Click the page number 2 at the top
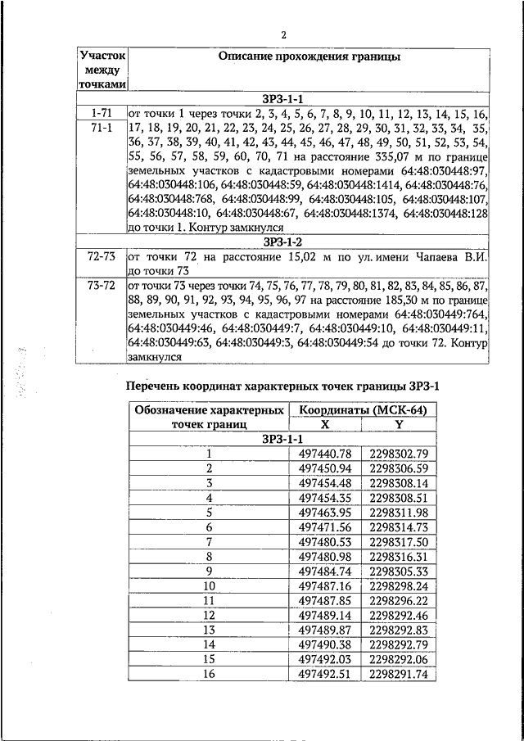pos(283,35)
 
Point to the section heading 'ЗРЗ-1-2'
pos(283,242)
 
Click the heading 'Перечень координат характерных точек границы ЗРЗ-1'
pos(283,386)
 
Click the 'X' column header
pos(325,425)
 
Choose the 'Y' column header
pos(399,425)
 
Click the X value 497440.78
pos(325,454)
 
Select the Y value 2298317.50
pos(399,542)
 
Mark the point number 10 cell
pos(209,586)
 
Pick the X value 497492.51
pos(325,674)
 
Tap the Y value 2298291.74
pos(399,674)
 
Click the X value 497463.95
pos(325,513)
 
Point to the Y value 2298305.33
pos(399,572)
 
